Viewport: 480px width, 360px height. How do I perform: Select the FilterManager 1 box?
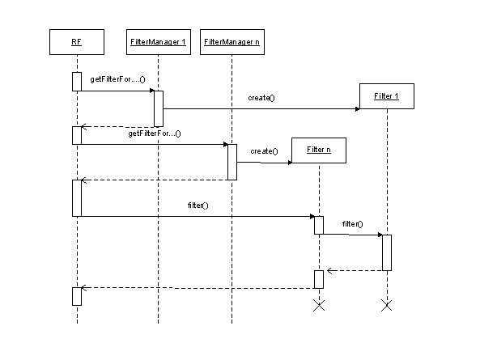(x=159, y=41)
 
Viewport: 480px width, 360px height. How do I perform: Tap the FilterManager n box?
(x=232, y=41)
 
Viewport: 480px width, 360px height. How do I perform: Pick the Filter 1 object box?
(x=388, y=97)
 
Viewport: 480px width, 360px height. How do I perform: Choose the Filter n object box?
(x=319, y=151)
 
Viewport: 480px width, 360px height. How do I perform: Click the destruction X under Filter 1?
(x=387, y=306)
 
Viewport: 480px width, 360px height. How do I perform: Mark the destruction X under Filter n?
(x=319, y=306)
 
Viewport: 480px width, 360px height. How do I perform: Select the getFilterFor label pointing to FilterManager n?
(x=154, y=133)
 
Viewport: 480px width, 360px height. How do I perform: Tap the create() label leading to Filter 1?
(x=261, y=98)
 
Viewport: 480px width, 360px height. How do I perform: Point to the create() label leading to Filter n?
(x=264, y=151)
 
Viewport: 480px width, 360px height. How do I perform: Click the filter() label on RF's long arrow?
(x=198, y=205)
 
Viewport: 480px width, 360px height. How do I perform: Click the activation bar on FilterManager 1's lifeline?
(x=159, y=108)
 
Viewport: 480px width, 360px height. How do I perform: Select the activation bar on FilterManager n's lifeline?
(x=232, y=162)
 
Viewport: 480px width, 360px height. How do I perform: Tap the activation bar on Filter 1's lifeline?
(x=387, y=252)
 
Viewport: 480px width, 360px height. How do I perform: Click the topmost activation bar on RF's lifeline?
(x=77, y=81)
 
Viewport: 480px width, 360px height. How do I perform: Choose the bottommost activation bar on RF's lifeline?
(x=77, y=296)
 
